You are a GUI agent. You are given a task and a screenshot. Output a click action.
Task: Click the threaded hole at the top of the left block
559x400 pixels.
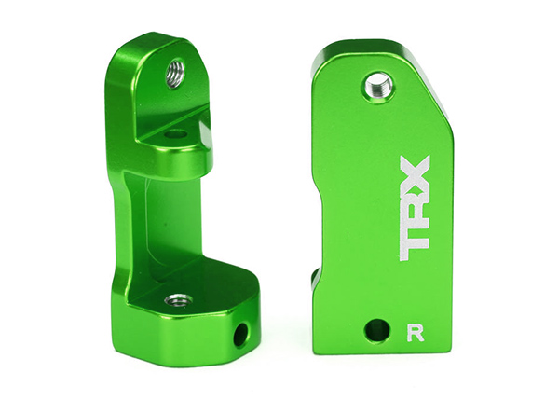coord(175,74)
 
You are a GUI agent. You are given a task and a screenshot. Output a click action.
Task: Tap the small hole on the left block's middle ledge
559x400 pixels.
coord(175,135)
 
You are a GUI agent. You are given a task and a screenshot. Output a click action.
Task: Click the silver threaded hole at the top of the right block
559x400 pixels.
coord(378,86)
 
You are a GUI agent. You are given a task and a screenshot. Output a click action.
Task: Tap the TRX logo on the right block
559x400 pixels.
coord(415,208)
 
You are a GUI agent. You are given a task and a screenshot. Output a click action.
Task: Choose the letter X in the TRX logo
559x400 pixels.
coord(415,172)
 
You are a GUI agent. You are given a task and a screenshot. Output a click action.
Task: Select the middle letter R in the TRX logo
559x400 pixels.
coord(415,208)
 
